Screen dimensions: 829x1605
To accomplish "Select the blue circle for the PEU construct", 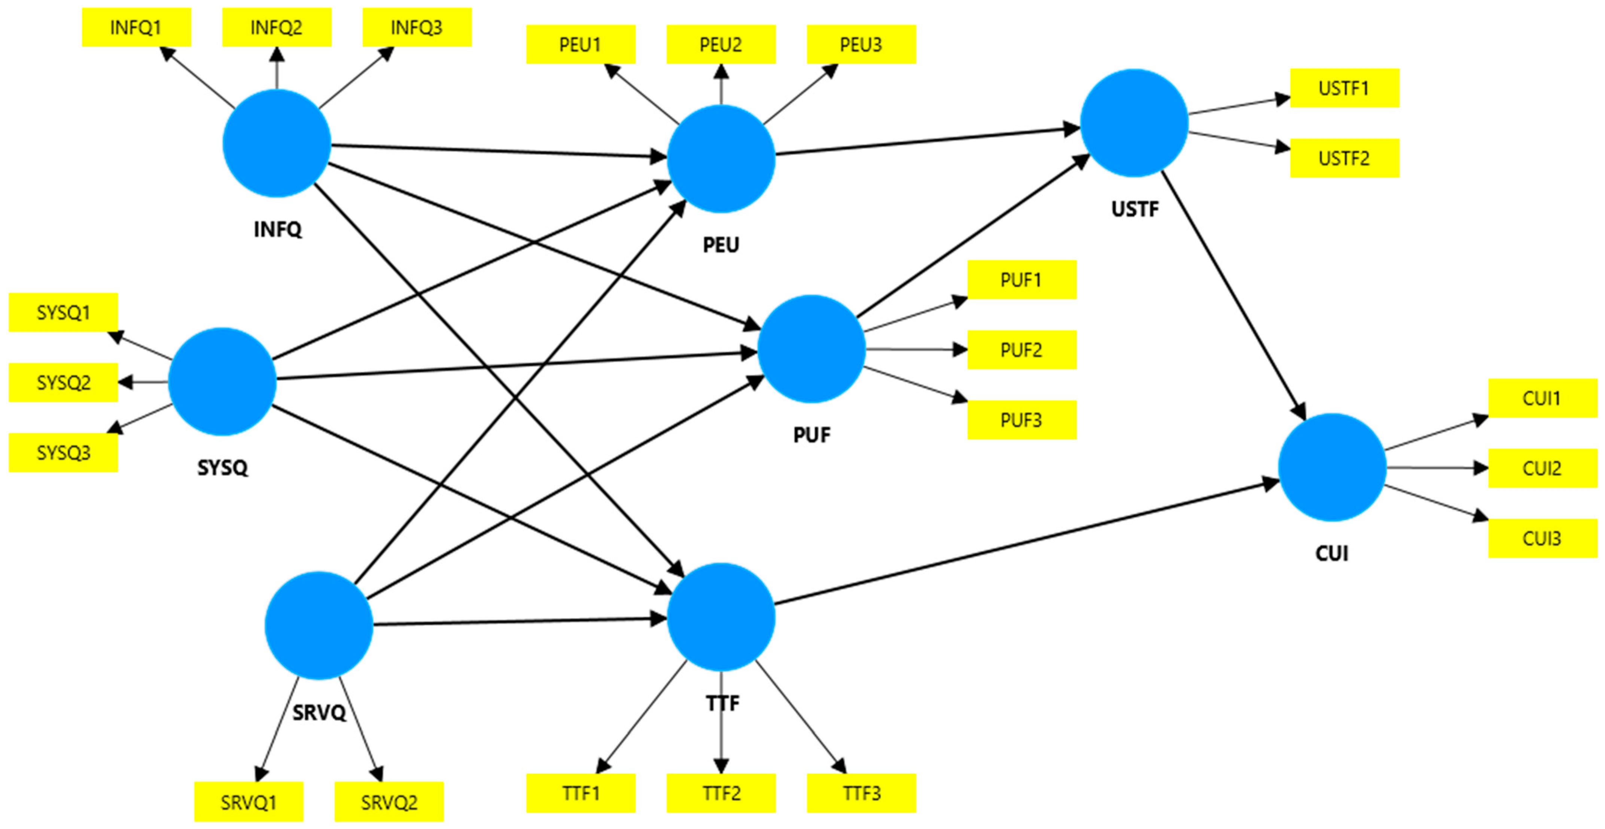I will click(x=721, y=159).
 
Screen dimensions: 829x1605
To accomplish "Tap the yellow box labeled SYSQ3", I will click(x=63, y=452).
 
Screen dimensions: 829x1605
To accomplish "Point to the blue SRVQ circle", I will click(x=319, y=625).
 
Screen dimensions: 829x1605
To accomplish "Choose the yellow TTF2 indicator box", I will click(x=721, y=793).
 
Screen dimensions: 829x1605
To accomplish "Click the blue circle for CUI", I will click(x=1332, y=467).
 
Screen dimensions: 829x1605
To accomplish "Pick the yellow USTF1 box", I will click(x=1344, y=88).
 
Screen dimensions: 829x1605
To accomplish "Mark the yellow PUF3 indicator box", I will click(x=1021, y=420).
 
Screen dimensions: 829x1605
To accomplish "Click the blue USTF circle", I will click(x=1134, y=123).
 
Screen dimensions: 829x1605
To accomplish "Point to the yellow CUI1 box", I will click(x=1542, y=398).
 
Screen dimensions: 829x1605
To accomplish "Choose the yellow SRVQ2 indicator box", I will click(x=389, y=802).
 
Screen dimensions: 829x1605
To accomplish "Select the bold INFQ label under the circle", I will click(x=277, y=229).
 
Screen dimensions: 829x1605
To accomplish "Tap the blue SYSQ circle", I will click(x=222, y=381).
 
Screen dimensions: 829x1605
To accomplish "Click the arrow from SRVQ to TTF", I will click(x=517, y=621).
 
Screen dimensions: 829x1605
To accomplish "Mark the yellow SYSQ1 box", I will click(x=63, y=312).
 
